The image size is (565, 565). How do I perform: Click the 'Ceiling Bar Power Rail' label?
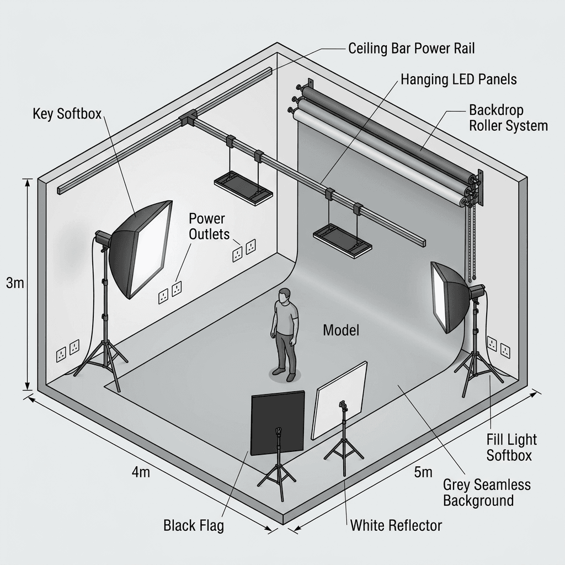coord(412,49)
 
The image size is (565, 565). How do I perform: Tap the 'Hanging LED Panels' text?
coord(459,79)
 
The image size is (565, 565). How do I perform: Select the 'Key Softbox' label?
coord(67,114)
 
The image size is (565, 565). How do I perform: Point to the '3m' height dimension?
coord(15,283)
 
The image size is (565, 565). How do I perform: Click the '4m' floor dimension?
coord(141,472)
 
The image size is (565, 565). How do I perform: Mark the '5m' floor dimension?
coord(423,472)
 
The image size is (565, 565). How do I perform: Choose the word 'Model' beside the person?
coord(341,330)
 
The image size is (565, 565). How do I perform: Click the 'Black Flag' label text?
coord(194,525)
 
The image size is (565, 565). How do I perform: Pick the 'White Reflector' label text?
coord(396,525)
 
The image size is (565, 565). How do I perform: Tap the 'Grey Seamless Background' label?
coord(487,493)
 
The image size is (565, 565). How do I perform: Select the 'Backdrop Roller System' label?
coord(508,118)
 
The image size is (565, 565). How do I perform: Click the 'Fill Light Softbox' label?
coord(511,447)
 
